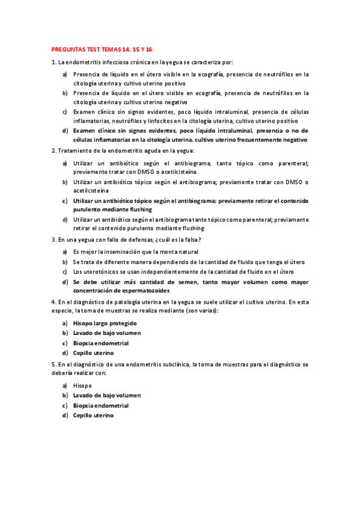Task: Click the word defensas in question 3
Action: [x=125, y=239]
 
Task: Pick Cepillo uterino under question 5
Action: [x=93, y=415]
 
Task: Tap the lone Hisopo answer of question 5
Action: [x=83, y=385]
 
